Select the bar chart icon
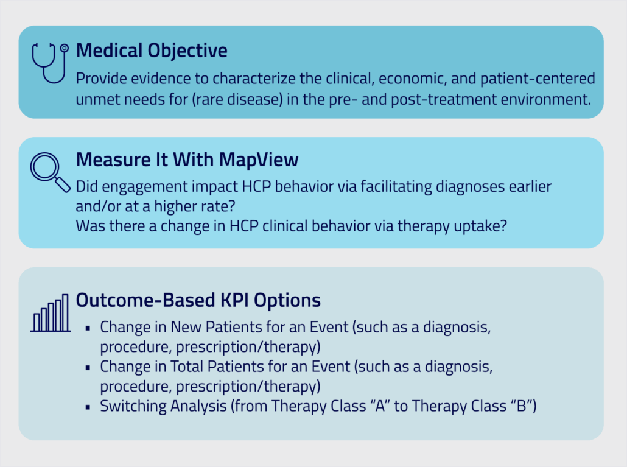point(51,313)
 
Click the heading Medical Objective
point(152,51)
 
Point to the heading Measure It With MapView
point(187,160)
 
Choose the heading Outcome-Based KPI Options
point(198,300)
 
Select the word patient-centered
point(538,79)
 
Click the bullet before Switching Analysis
point(88,407)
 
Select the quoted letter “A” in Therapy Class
point(379,406)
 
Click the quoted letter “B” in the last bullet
point(520,406)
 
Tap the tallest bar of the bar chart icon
point(65,313)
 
